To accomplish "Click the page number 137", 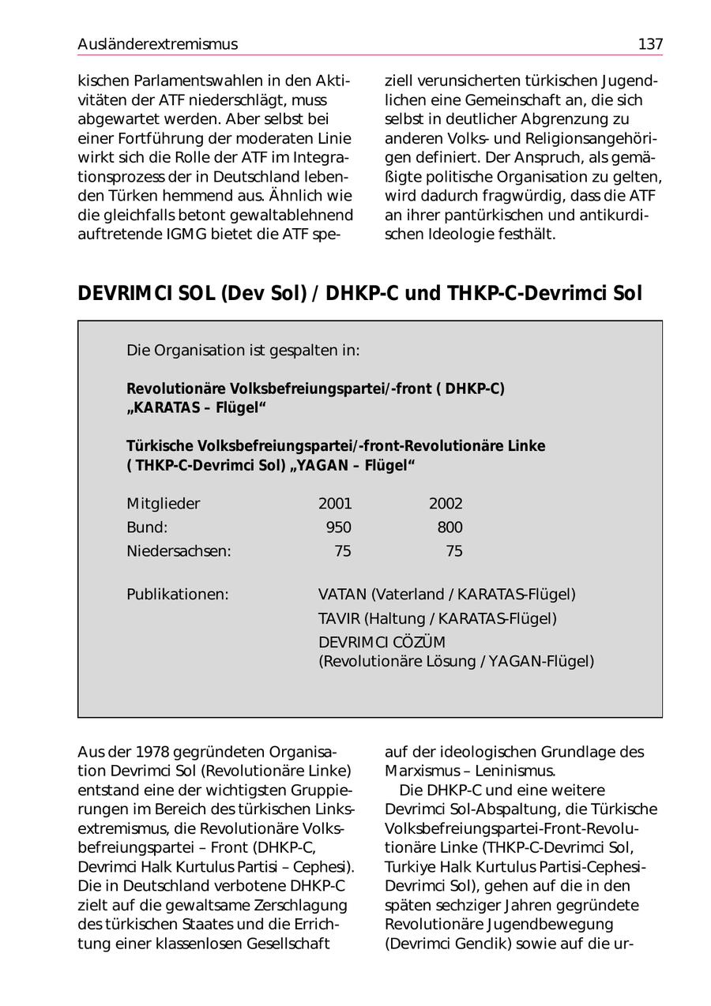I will point(650,44).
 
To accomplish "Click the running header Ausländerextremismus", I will point(157,44).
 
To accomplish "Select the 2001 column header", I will point(335,504).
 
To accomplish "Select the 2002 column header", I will point(446,504).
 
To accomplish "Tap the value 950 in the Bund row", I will point(339,527).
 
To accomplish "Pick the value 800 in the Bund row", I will point(450,527).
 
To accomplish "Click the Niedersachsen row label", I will point(179,551).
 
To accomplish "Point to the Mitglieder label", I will point(164,504).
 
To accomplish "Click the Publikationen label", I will point(177,594).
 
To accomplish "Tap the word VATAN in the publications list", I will point(343,594).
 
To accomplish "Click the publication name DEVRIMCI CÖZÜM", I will point(382,642).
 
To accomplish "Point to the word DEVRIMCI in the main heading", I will point(126,294).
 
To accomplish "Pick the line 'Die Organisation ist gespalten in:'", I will point(243,350).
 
